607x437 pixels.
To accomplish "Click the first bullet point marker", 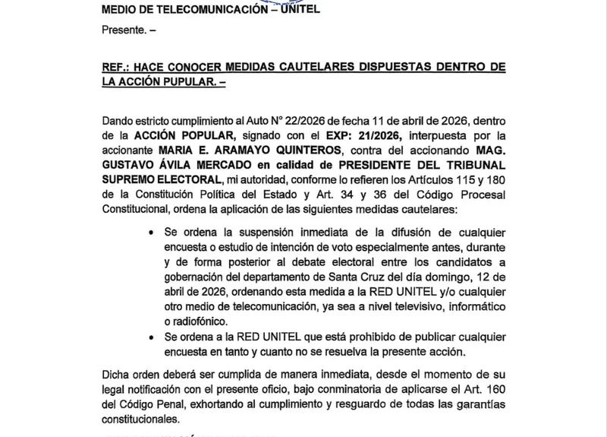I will [x=156, y=231].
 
